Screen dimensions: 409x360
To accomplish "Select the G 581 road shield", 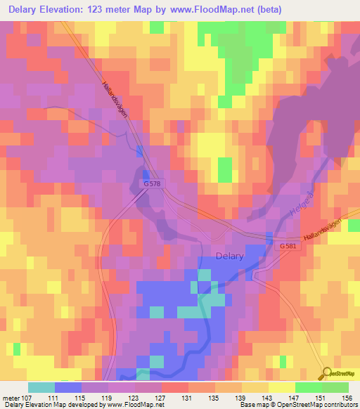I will (287, 247).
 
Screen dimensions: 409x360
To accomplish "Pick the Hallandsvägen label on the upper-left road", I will (115, 98).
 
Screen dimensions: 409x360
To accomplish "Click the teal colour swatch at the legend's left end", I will (41, 388).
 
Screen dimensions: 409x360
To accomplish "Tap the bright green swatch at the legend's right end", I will (335, 388).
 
